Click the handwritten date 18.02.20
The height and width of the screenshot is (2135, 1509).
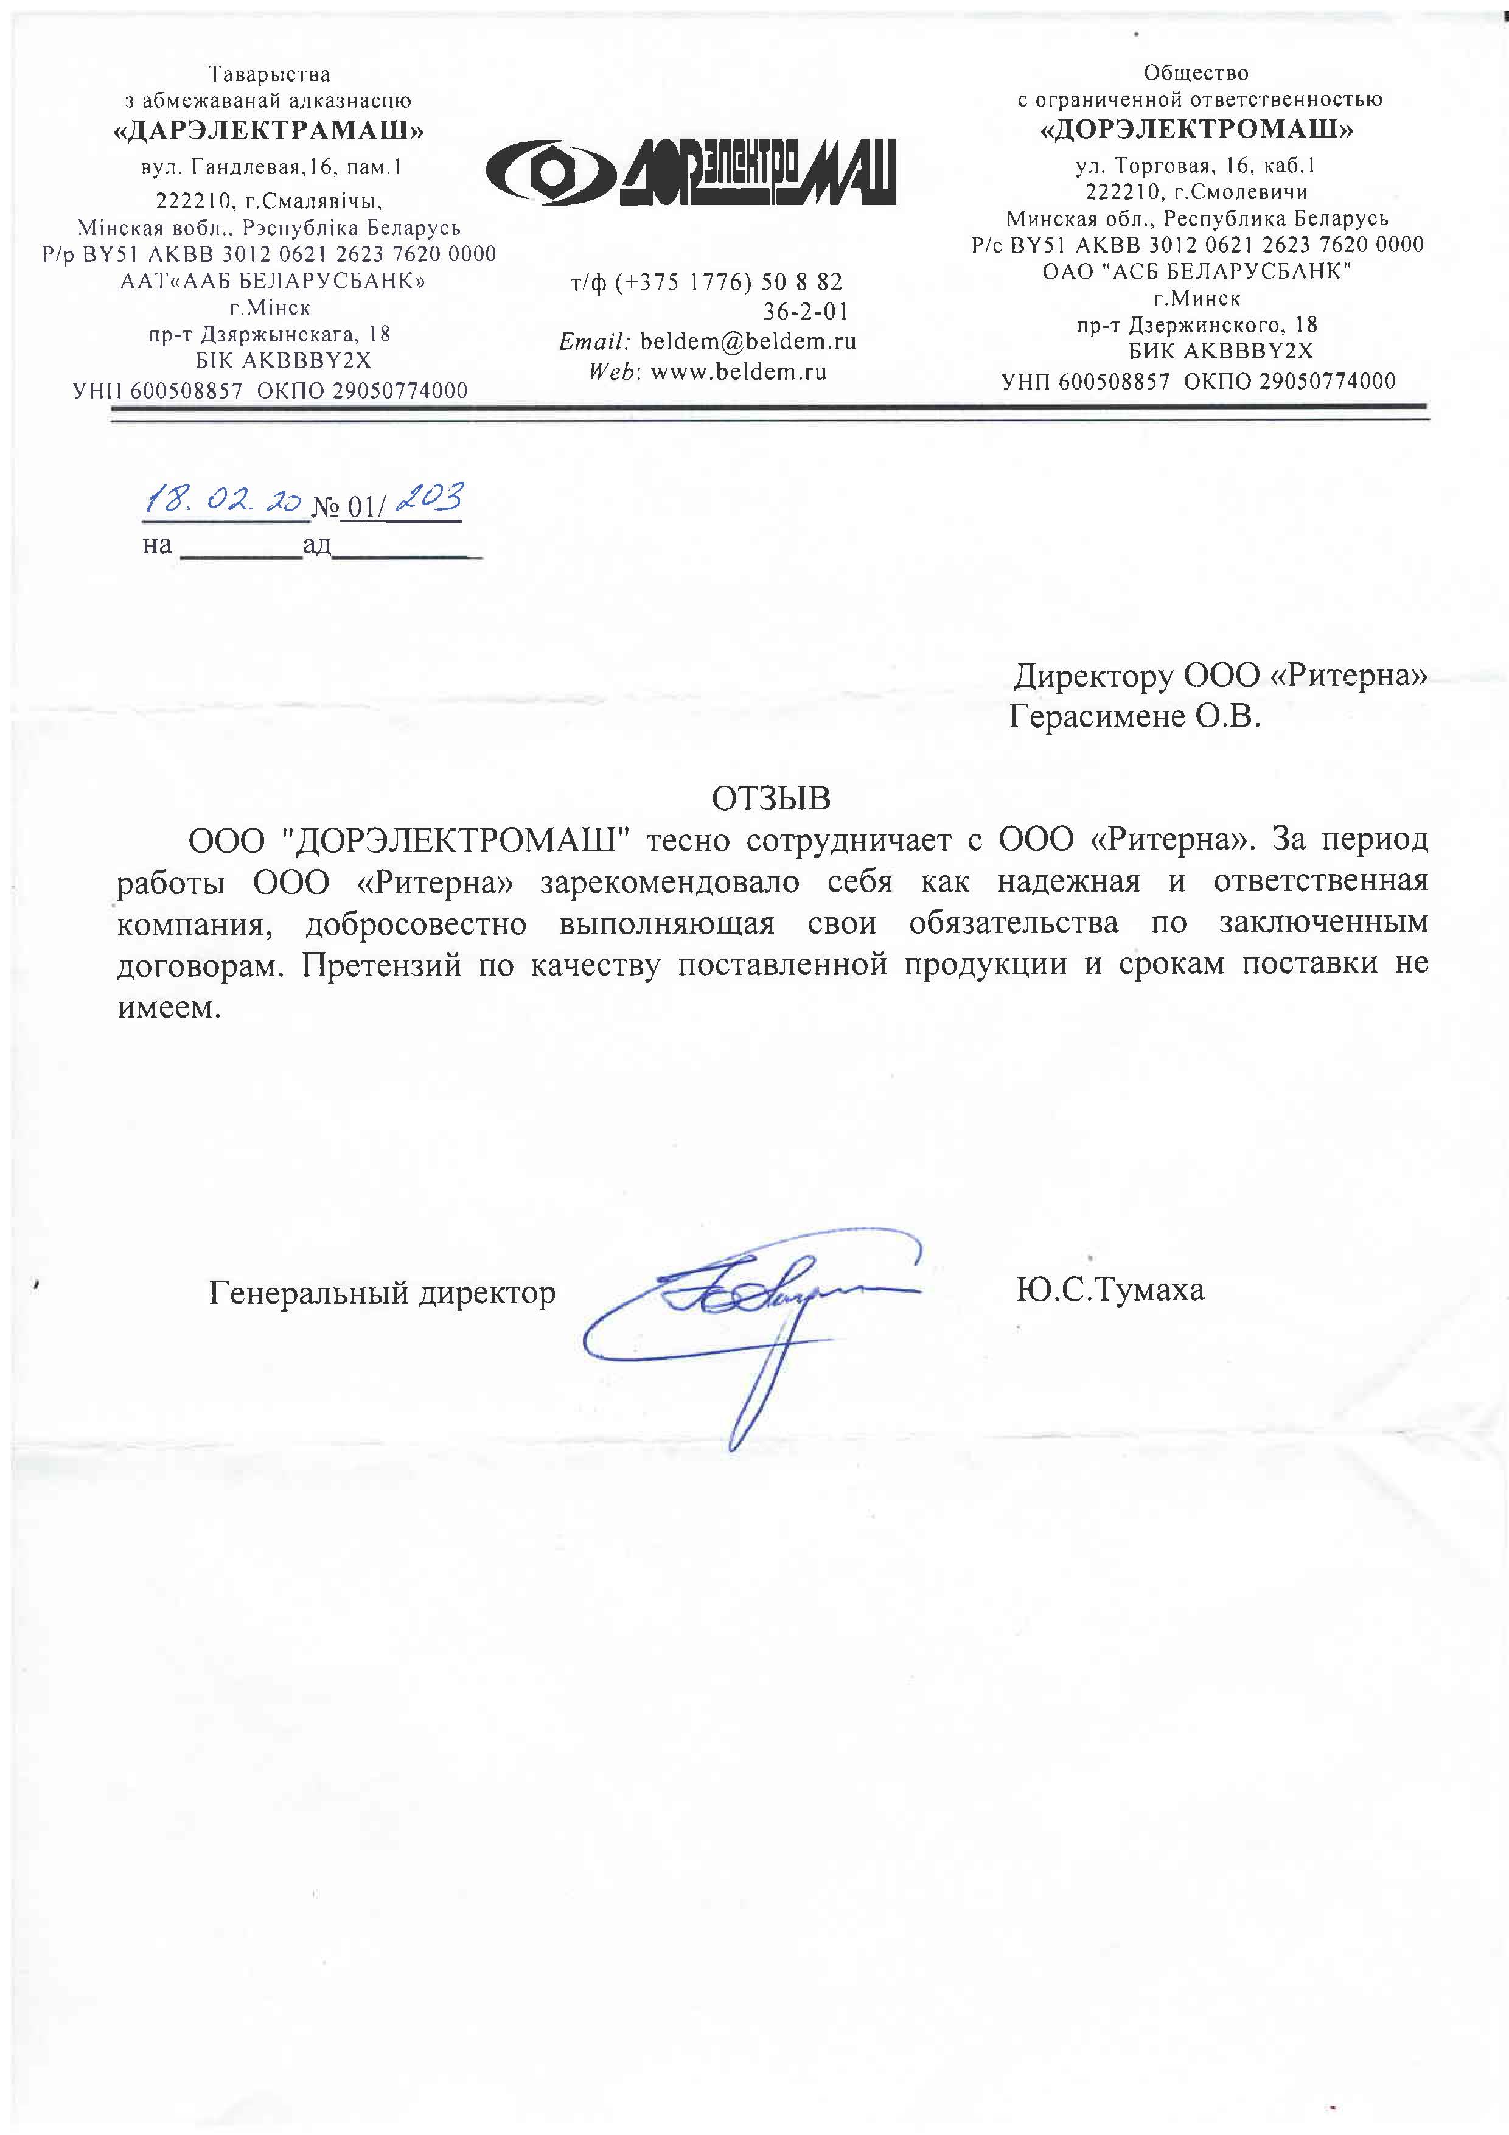pyautogui.click(x=223, y=502)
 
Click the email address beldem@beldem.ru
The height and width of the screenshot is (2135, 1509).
pyautogui.click(x=748, y=341)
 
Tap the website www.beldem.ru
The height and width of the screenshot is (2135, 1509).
pyautogui.click(x=738, y=372)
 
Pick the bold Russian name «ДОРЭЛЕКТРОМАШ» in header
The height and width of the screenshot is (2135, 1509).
pyautogui.click(x=1197, y=129)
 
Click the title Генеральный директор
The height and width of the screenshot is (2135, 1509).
pyautogui.click(x=382, y=1293)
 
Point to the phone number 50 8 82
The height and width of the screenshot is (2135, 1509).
pyautogui.click(x=801, y=282)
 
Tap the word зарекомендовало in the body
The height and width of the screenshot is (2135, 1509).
pyautogui.click(x=669, y=881)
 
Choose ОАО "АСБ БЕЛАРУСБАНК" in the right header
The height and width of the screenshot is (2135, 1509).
pyautogui.click(x=1197, y=271)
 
